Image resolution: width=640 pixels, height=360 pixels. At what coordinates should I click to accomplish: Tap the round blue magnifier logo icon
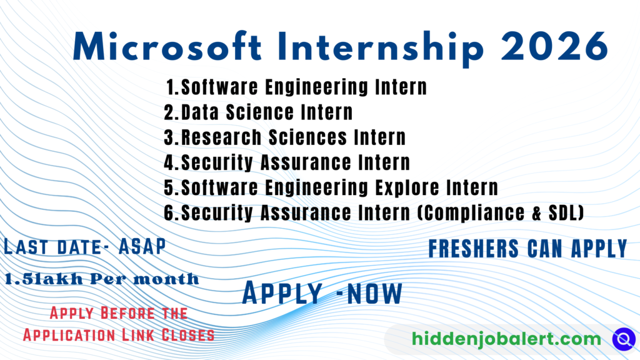623,338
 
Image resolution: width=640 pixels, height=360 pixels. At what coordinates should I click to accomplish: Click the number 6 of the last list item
169,212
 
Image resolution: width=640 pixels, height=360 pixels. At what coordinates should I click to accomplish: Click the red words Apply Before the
119,312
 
